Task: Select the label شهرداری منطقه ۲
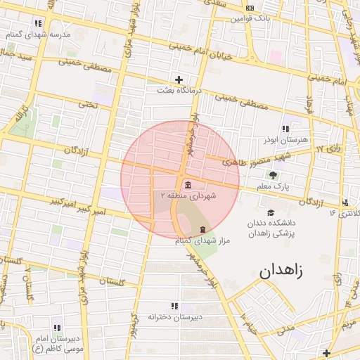188,195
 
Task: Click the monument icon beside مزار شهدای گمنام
203,230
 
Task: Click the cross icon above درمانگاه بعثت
179,79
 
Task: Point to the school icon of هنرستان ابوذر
285,129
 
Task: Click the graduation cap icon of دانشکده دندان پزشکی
270,213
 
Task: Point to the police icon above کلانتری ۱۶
345,202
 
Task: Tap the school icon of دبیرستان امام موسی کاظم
57,328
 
